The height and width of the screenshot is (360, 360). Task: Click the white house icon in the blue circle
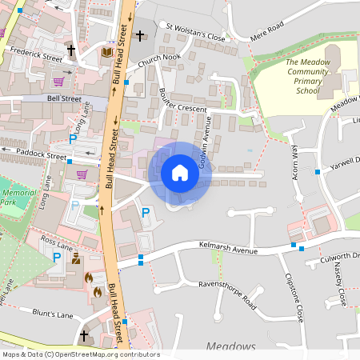click(180, 173)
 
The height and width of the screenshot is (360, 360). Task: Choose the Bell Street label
click(64, 98)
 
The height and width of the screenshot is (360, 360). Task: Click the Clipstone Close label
click(294, 297)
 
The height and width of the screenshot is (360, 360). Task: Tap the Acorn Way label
click(294, 162)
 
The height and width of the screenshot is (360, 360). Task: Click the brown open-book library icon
click(107, 52)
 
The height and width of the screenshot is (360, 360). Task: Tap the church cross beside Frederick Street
click(70, 50)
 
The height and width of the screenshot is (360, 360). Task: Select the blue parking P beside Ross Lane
click(57, 258)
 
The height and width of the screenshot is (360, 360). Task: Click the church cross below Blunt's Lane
click(84, 335)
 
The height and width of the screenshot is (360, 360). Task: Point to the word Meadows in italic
click(230, 346)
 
